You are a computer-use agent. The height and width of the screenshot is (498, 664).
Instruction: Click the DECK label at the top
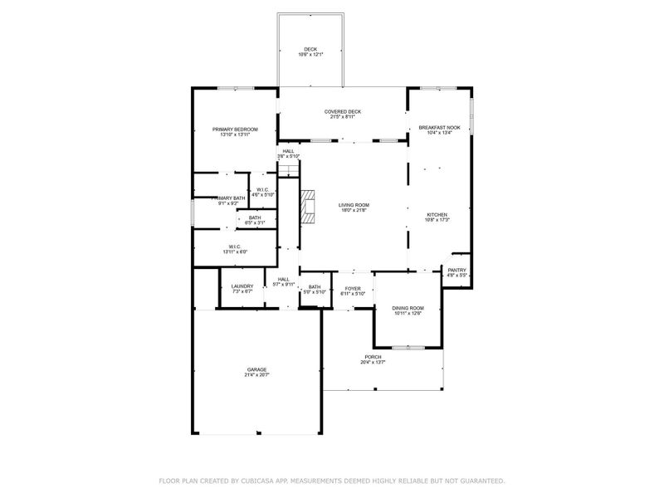(310, 49)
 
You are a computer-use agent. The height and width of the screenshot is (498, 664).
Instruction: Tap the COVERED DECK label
(342, 111)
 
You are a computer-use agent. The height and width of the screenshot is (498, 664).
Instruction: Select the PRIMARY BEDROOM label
(235, 129)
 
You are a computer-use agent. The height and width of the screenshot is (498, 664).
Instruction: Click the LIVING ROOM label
(354, 204)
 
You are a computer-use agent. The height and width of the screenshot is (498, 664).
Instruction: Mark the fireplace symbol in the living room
(309, 207)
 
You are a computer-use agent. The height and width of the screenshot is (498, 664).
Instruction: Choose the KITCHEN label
(437, 215)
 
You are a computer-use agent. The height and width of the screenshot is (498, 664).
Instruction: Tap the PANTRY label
(456, 270)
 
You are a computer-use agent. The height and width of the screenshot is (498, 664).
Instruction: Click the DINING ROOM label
(408, 308)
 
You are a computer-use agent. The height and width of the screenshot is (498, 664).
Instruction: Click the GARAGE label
(256, 369)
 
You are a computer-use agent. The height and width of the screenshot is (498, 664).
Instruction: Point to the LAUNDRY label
(242, 286)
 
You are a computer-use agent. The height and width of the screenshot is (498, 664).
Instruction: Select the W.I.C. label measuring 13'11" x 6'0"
(235, 247)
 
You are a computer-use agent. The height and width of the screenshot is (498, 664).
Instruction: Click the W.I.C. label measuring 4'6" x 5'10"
(262, 189)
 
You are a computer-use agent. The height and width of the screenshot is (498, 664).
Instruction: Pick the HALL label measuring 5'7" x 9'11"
(284, 280)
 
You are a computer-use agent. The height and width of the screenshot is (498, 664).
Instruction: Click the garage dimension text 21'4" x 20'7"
(256, 375)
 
